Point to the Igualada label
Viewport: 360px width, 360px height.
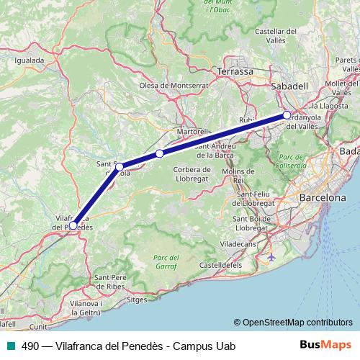(29, 60)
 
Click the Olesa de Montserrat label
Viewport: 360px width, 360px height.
(174, 85)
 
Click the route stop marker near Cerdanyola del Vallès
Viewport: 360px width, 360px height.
(287, 115)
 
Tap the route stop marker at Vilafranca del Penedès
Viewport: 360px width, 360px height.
(73, 225)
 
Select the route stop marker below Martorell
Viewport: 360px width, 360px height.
(159, 153)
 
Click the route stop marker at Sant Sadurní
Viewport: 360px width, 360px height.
(119, 166)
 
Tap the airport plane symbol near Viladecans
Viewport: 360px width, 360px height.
(271, 256)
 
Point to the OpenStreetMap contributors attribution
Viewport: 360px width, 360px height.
(293, 322)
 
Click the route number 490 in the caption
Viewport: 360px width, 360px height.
(31, 346)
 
